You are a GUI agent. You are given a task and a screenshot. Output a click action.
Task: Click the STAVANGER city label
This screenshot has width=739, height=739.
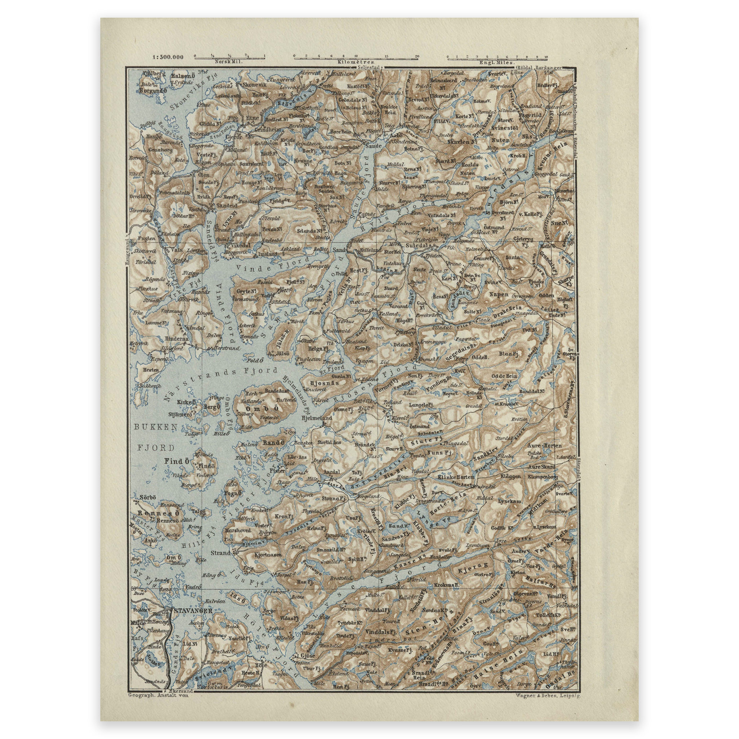[x=192, y=611]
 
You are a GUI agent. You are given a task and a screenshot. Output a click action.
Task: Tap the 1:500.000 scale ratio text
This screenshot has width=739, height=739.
[x=167, y=58]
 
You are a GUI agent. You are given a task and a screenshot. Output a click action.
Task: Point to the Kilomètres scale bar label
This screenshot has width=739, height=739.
[x=356, y=61]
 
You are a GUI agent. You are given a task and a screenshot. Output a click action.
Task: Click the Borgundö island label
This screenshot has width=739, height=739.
[x=153, y=91]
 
